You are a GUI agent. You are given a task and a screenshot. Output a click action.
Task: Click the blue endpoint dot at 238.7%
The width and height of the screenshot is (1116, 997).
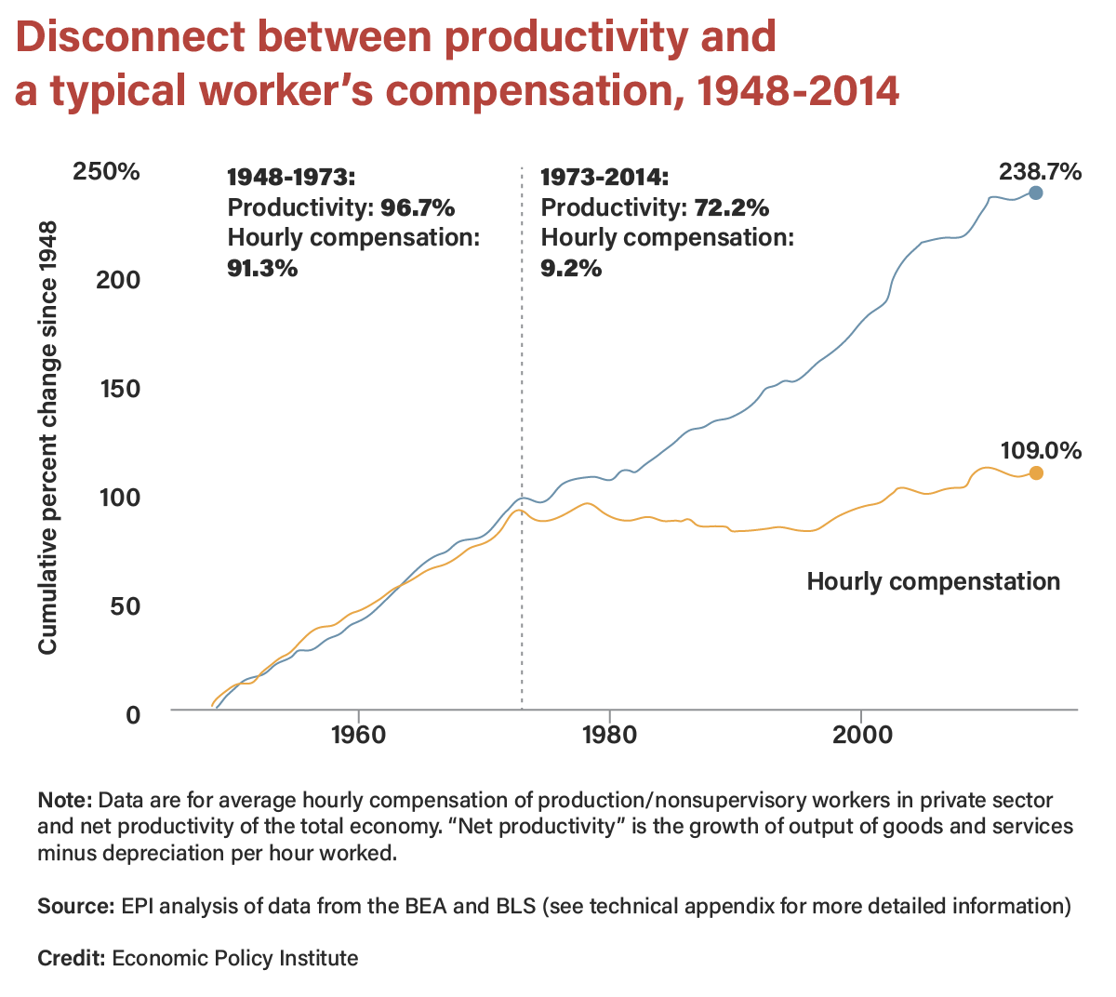click(1036, 193)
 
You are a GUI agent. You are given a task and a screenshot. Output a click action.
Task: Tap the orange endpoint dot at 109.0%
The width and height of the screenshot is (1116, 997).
click(1036, 472)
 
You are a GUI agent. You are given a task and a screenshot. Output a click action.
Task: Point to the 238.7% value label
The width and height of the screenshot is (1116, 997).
click(1040, 171)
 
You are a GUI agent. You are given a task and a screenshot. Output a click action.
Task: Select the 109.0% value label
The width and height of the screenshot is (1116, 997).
click(1041, 451)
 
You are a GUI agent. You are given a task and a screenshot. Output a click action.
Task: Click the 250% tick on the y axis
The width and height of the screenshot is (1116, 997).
click(106, 172)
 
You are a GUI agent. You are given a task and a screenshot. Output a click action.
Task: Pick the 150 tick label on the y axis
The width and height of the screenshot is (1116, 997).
click(119, 389)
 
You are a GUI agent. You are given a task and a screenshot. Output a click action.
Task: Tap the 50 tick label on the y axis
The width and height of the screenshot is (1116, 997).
click(126, 606)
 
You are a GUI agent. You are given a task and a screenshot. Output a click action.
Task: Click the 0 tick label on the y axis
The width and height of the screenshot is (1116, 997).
click(133, 714)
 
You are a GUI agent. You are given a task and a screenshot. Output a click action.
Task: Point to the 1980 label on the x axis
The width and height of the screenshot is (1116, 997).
click(609, 735)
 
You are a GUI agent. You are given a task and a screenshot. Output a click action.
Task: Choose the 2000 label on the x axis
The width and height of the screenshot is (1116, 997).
click(861, 735)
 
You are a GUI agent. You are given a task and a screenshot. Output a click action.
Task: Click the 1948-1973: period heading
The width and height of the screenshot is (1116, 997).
click(291, 177)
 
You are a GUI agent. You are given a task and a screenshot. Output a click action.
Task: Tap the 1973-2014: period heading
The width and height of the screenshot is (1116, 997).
click(604, 177)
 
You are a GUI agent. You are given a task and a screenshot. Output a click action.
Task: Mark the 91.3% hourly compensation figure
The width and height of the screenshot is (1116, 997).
click(262, 269)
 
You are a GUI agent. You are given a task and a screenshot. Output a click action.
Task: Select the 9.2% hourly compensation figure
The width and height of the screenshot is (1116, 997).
click(571, 269)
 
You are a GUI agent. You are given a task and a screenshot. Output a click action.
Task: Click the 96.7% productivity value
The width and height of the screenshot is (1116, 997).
click(418, 207)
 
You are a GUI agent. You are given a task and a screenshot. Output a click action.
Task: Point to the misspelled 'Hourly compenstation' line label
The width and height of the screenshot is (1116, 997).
click(933, 582)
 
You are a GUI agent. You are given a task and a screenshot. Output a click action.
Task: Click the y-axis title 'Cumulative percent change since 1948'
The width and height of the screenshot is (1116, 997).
click(48, 437)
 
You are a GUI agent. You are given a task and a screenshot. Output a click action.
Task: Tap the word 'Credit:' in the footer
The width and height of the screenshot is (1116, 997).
click(71, 958)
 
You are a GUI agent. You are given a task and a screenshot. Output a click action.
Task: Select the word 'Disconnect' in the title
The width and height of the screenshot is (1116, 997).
click(130, 37)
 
